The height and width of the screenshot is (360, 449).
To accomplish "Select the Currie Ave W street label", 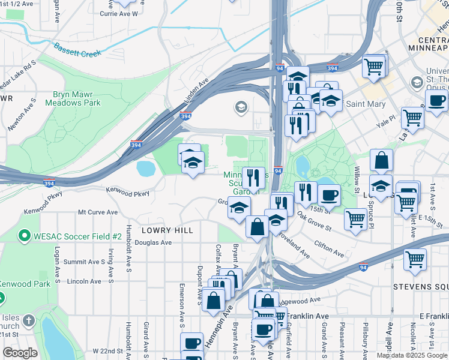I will coord(119,13).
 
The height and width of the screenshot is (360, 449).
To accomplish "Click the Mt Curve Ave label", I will coord(97,212).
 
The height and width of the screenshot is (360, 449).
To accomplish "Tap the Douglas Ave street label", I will coord(153,243).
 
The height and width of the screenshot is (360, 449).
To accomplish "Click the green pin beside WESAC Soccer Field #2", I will coord(25,235).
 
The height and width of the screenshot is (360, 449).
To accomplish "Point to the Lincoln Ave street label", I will coord(84,281).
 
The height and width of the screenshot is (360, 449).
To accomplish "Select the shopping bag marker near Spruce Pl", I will coord(381,161).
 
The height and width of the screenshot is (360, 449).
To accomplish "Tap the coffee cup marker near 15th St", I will coord(328,196).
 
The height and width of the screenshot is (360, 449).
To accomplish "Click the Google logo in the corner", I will coord(20,352).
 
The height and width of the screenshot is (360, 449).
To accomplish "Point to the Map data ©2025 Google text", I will coord(412,355).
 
